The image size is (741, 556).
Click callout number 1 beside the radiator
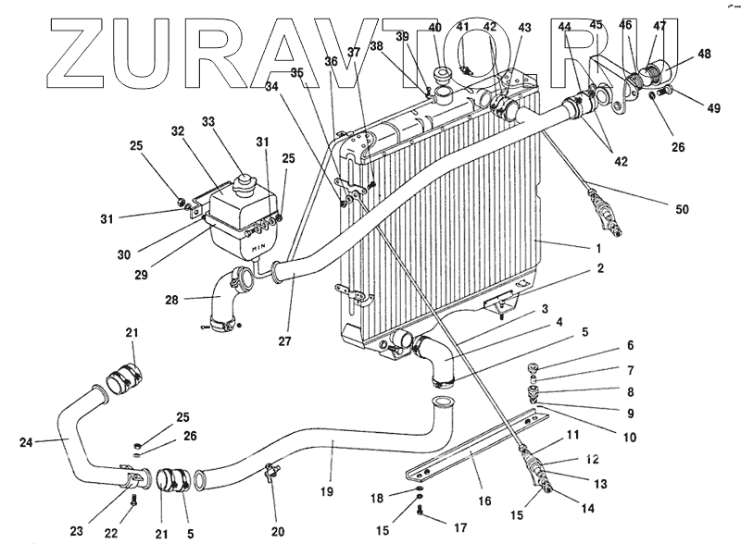[599, 248]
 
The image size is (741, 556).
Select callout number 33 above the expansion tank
[207, 121]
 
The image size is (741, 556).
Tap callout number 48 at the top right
[706, 55]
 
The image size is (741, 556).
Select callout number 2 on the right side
[600, 269]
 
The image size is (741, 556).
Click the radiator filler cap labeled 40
[442, 76]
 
